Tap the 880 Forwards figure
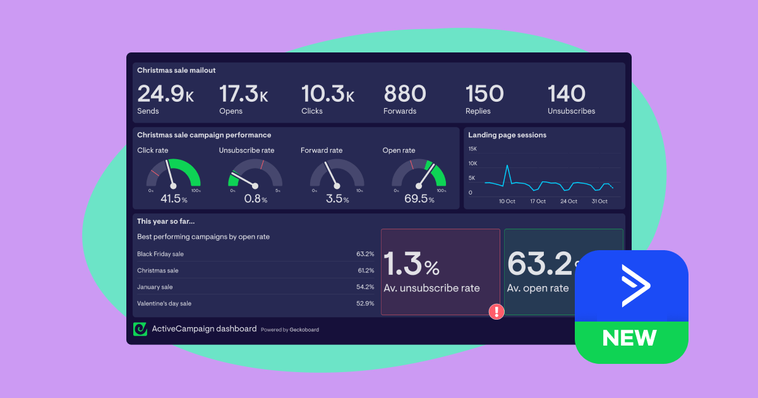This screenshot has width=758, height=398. pos(405,94)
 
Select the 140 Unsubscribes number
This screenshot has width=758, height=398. pos(567,94)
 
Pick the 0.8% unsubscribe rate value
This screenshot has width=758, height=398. pos(256,199)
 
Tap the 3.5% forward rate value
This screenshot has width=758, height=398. pos(337,199)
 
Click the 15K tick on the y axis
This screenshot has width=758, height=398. pos(472,149)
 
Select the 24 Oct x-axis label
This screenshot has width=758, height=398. pos(568,202)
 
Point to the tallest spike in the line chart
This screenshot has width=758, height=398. pos(507,166)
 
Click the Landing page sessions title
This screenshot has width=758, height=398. pos(507,135)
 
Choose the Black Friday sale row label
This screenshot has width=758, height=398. pos(160,254)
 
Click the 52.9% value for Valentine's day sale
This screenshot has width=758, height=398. pos(365,303)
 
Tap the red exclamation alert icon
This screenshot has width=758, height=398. pos(496,311)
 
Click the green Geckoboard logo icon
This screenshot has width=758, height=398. pos(140,329)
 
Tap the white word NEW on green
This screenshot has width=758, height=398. pos(630,338)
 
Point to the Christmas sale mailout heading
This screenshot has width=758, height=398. pos(176,71)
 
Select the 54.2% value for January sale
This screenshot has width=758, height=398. pos(365,287)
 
